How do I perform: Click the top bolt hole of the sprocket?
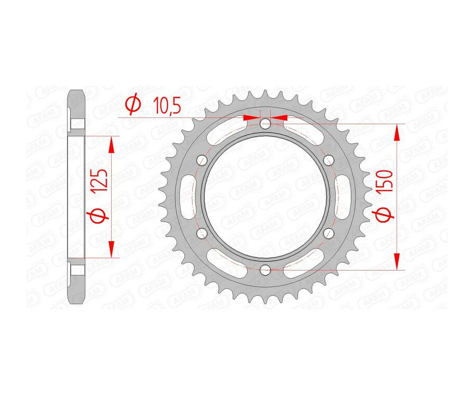[265, 124]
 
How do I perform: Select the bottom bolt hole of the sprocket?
[265, 270]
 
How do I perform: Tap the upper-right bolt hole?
[329, 161]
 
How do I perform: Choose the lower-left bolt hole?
[201, 233]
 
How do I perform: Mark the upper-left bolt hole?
[201, 161]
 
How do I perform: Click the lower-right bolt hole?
[329, 233]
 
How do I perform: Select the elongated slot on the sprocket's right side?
[343, 197]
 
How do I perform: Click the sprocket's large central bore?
[265, 197]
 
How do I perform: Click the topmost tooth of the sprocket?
[265, 95]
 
